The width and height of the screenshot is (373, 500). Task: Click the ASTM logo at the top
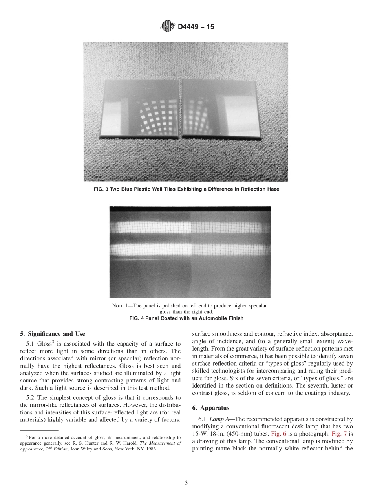pyautogui.click(x=168, y=27)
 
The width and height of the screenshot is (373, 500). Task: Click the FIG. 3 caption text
pyautogui.click(x=186, y=189)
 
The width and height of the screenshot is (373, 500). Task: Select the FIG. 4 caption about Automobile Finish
pyautogui.click(x=186, y=318)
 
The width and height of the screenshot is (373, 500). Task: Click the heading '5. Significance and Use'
pyautogui.click(x=52, y=334)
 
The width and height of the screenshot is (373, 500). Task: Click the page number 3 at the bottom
pyautogui.click(x=186, y=483)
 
